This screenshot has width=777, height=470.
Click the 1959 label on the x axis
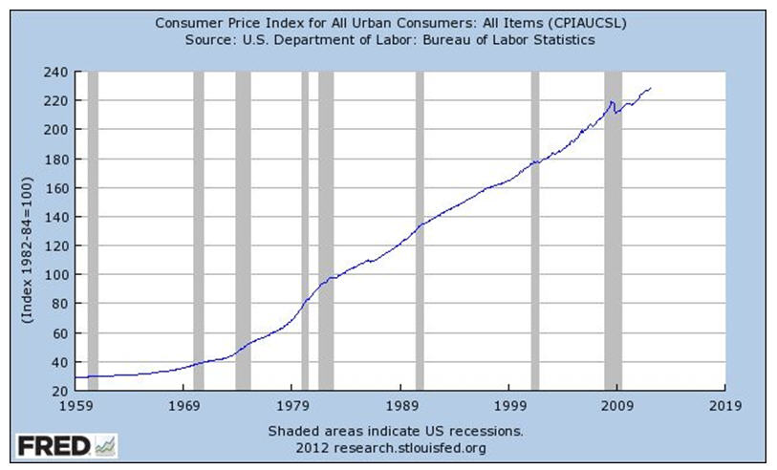pos(76,404)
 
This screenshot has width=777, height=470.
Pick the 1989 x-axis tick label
pos(400,404)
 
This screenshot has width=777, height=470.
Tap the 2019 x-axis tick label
pos(725,404)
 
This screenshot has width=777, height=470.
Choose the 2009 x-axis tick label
pos(617,404)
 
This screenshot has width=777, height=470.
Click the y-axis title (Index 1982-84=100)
pos(29,248)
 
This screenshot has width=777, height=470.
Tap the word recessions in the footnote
pos(486,431)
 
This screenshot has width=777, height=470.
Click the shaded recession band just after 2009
pos(613,230)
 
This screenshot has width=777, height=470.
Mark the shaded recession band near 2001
pos(535,230)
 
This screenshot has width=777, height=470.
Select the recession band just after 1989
pos(419,230)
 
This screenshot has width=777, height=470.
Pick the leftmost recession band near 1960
pos(93,230)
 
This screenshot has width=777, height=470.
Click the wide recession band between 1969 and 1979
pos(243,230)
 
